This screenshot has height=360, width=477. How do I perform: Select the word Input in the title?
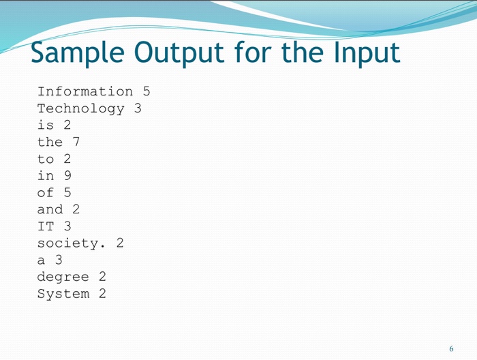362,53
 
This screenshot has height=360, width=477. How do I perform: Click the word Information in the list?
85,91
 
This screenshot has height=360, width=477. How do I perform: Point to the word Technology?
81,108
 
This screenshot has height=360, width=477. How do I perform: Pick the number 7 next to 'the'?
76,142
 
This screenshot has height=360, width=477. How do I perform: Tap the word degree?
63,277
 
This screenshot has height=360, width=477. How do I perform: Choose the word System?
63,294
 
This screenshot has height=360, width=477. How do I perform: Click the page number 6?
451,348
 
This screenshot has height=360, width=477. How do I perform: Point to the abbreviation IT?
46,226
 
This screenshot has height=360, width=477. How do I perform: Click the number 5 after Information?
146,91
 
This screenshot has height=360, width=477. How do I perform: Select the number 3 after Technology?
138,108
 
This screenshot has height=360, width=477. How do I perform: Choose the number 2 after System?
102,294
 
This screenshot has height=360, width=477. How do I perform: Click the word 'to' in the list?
46,159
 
